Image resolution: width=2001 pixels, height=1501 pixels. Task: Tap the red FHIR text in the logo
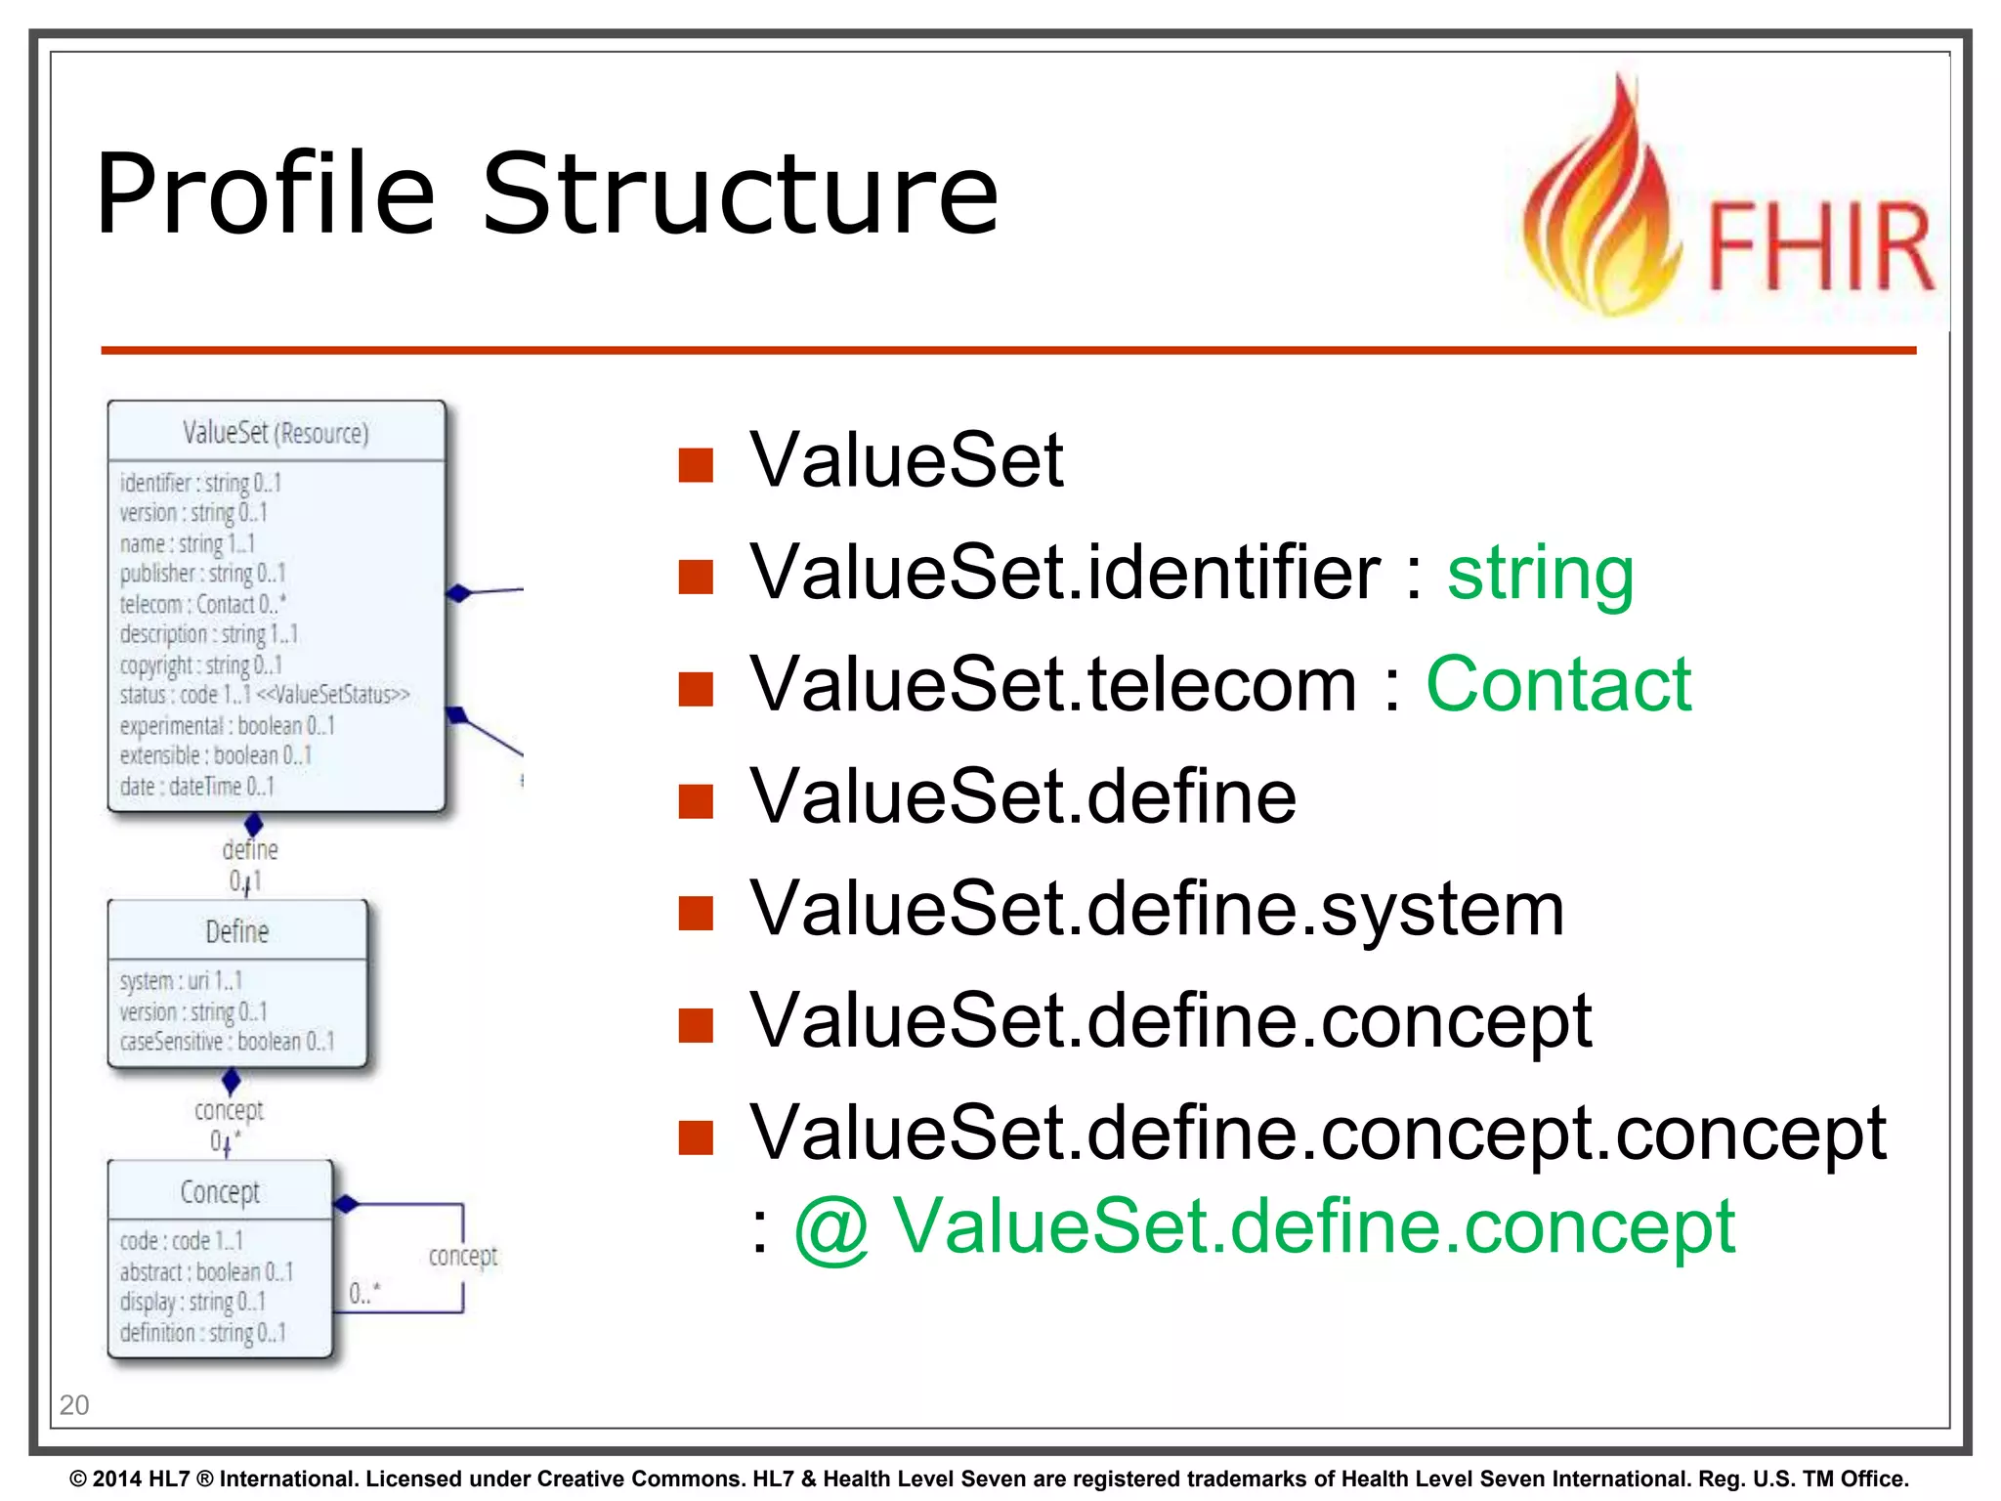(x=1819, y=246)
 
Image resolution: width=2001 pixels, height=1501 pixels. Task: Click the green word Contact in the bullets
(x=1558, y=684)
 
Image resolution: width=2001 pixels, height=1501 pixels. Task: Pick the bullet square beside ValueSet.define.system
(x=696, y=913)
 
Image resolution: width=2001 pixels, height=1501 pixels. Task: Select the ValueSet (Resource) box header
(x=277, y=432)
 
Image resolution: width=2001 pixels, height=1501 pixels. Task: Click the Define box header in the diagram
(x=237, y=931)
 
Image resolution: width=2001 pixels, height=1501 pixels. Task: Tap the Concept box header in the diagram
(x=220, y=1191)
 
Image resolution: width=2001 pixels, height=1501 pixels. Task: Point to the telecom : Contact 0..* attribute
(x=202, y=604)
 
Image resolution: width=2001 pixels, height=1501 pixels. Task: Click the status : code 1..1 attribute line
(x=264, y=695)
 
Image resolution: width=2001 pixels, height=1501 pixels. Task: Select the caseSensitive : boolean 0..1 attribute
(x=227, y=1042)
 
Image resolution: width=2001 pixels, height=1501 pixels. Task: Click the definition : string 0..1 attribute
(x=202, y=1333)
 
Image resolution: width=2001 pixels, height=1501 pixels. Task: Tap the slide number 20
(x=74, y=1405)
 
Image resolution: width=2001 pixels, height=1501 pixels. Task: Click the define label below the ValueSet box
(x=250, y=849)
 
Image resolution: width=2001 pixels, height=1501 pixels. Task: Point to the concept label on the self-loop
(x=463, y=1255)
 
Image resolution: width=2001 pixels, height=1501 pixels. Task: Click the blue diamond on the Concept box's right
(x=346, y=1204)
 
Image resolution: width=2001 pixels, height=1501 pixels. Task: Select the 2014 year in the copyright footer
(x=117, y=1479)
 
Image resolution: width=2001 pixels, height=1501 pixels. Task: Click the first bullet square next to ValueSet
(x=696, y=465)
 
